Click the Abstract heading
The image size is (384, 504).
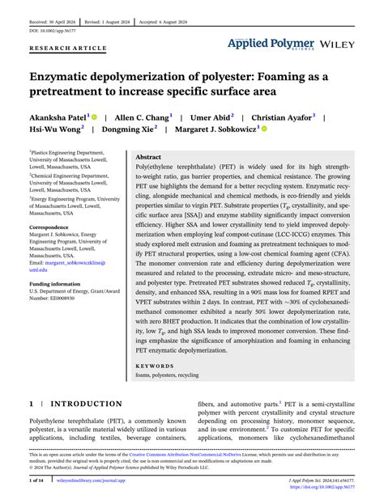point(148,157)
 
